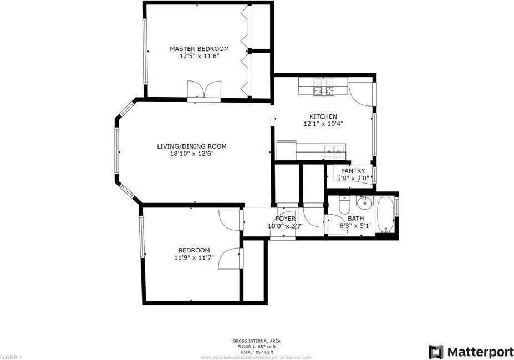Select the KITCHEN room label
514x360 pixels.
(323, 116)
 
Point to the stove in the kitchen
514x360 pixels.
(323, 86)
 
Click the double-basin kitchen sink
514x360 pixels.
(335, 149)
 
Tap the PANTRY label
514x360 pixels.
(353, 171)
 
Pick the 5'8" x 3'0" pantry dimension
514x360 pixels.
(353, 178)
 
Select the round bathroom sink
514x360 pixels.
(365, 201)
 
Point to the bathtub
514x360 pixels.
(385, 215)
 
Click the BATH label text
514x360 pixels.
(355, 219)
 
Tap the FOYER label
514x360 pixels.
(286, 219)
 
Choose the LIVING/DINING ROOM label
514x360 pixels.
(192, 146)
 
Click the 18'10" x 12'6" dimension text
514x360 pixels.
(192, 154)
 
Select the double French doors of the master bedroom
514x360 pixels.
(204, 90)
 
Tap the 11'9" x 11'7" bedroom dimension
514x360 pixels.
(194, 257)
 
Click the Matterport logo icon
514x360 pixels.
(436, 352)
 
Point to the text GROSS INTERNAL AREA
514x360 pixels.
(257, 341)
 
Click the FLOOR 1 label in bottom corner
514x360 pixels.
(11, 357)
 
